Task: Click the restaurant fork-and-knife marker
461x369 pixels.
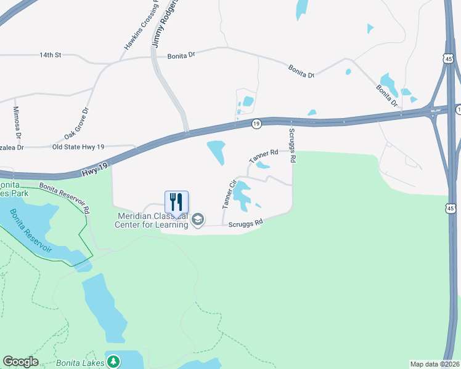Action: pyautogui.click(x=176, y=202)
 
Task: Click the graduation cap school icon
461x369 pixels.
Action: pyautogui.click(x=198, y=220)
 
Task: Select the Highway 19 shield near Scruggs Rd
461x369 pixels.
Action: pyautogui.click(x=256, y=124)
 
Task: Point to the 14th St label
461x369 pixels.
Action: pyautogui.click(x=51, y=55)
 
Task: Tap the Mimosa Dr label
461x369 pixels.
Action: pyautogui.click(x=18, y=122)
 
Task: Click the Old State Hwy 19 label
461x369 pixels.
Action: pyautogui.click(x=78, y=147)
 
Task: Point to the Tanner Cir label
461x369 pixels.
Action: pyautogui.click(x=228, y=194)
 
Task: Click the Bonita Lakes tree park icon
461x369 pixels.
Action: pyautogui.click(x=113, y=362)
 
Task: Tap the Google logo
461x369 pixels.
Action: pyautogui.click(x=20, y=362)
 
